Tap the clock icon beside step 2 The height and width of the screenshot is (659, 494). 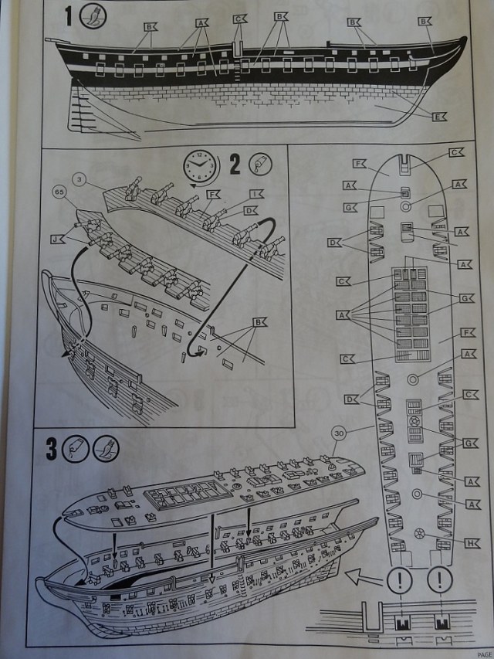pyautogui.click(x=200, y=165)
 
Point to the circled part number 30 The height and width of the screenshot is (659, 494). pyautogui.click(x=337, y=433)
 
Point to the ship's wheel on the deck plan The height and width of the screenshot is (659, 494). pyautogui.click(x=421, y=533)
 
